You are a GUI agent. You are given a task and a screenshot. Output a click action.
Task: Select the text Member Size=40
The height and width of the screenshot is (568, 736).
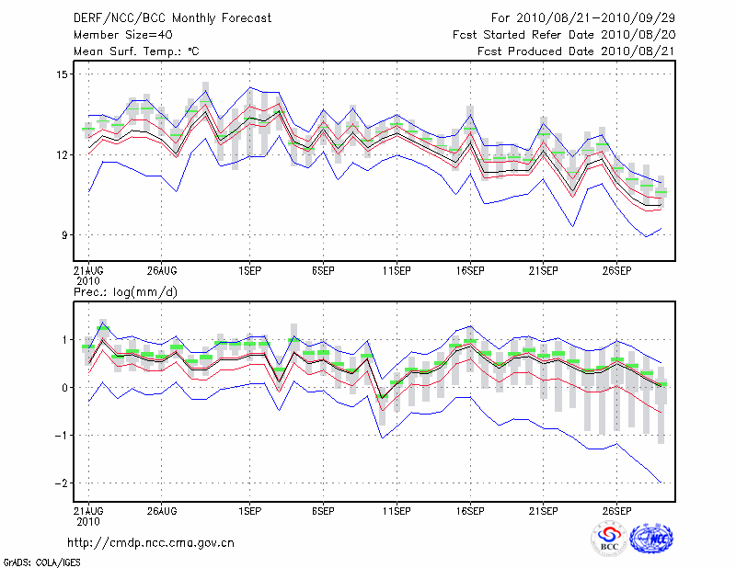point(122,35)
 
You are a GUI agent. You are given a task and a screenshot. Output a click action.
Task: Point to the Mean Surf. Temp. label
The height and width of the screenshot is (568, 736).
point(135,51)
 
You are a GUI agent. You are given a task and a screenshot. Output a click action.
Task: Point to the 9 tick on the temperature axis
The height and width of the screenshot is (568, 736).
point(63,235)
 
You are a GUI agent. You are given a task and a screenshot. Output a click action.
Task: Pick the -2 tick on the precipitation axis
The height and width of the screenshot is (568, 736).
point(60,483)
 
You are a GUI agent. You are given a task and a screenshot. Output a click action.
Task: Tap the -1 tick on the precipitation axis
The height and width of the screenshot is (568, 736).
point(60,436)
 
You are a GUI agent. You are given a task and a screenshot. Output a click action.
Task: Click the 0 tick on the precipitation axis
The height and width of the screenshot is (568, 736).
point(63,388)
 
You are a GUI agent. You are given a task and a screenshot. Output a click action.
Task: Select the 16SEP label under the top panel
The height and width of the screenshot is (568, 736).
point(470,271)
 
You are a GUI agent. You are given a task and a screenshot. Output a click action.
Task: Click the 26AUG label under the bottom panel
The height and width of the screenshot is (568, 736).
point(161,509)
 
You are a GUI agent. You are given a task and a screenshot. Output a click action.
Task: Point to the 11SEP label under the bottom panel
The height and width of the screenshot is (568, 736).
point(397,509)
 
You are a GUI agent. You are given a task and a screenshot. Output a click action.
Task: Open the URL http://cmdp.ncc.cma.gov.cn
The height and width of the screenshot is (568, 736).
point(151,543)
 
